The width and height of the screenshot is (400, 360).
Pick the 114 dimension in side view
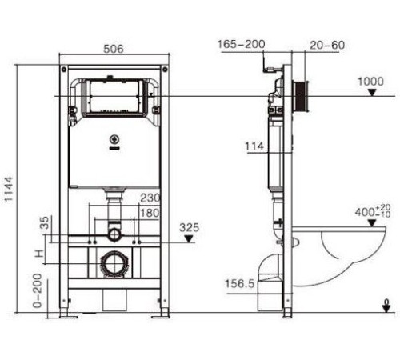pyautogui.click(x=254, y=146)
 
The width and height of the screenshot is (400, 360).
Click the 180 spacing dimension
pyautogui.click(x=150, y=212)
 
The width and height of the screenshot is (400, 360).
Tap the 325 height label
pyautogui.click(x=190, y=226)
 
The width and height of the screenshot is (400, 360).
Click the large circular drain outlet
pyautogui.click(x=114, y=263)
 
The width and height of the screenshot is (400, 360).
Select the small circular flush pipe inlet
pyautogui.click(x=114, y=234)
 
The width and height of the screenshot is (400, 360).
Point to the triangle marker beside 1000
pyautogui.click(x=370, y=93)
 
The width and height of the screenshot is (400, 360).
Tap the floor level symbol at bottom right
pyautogui.click(x=386, y=305)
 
